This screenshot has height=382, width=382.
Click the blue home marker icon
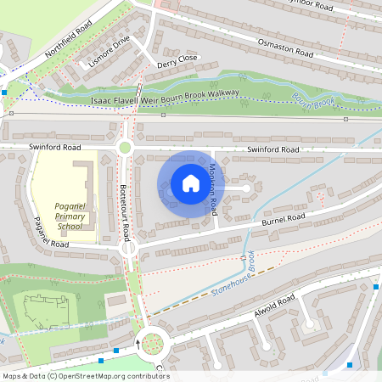191,183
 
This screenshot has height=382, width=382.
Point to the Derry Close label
177,59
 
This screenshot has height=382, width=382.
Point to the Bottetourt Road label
124,204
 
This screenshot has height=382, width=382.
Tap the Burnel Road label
284,220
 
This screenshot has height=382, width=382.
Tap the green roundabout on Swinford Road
126,148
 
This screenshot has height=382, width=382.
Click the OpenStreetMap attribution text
85,376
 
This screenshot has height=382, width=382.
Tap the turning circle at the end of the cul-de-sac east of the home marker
247,187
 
